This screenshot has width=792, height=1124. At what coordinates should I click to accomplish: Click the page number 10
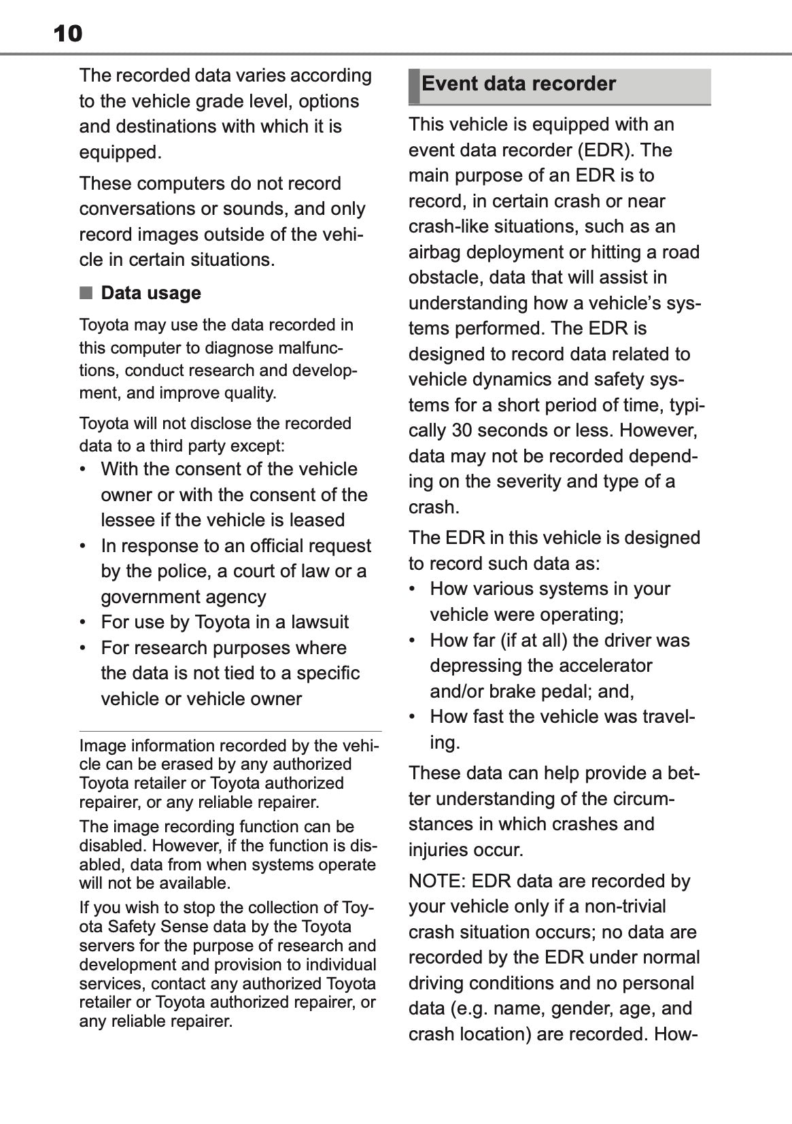click(67, 33)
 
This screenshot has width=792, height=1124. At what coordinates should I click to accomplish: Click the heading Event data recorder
click(518, 84)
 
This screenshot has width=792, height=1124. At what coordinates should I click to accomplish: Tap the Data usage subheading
click(151, 293)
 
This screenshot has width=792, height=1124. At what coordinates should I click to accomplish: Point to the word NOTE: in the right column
click(436, 881)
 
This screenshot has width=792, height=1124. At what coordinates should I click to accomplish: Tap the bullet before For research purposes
click(83, 648)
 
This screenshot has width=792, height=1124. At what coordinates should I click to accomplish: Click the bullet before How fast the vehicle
click(413, 717)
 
